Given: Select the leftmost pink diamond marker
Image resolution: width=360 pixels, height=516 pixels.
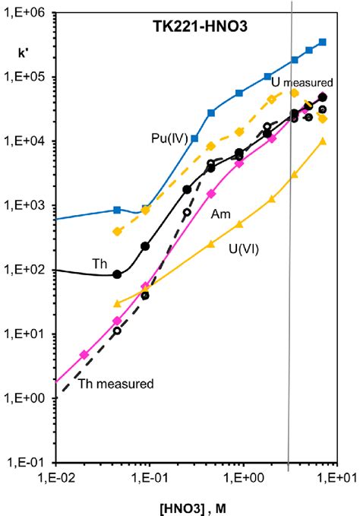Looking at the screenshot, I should click(x=84, y=355).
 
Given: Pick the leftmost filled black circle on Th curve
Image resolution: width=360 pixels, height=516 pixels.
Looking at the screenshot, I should click(x=117, y=274).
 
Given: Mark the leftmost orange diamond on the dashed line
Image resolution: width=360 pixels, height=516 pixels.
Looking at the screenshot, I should click(x=117, y=231).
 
